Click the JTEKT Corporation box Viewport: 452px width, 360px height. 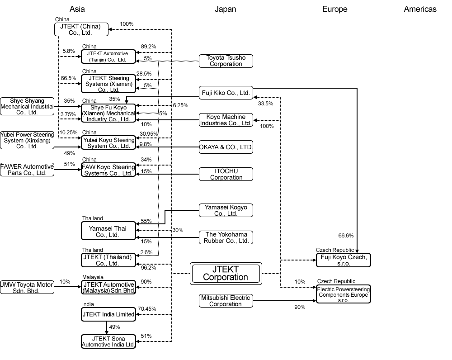tap(226, 273)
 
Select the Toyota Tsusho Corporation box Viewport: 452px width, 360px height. tap(226, 61)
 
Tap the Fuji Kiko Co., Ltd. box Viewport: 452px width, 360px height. tap(226, 93)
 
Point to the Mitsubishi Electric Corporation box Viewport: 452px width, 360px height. tap(226, 301)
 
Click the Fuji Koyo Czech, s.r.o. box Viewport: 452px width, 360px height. tap(343, 260)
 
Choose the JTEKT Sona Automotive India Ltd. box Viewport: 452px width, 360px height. tap(108, 341)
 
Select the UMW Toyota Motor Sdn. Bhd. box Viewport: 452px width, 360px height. tap(27, 288)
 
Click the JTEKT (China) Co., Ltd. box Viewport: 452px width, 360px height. tap(81, 29)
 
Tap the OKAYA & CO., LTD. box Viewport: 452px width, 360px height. tap(226, 147)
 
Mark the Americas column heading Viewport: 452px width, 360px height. tap(420, 9)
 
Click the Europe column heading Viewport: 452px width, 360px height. tap(334, 9)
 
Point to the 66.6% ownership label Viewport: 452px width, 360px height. tap(346, 236)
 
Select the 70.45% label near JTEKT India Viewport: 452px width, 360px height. tap(147, 309)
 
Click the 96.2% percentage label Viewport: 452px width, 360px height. tap(146, 268)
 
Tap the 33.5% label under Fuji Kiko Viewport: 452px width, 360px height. tap(265, 104)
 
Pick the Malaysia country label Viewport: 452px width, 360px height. tap(93, 277)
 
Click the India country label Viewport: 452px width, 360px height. tap(88, 304)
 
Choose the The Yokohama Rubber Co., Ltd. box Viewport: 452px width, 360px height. tap(226, 237)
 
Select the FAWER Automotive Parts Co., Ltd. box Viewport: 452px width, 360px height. tap(27, 170)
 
